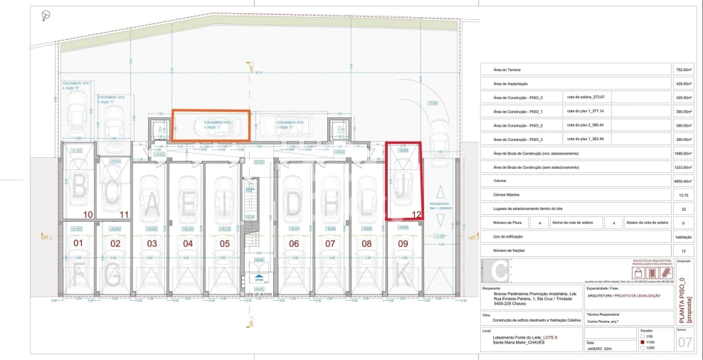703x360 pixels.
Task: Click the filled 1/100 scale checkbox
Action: click(x=643, y=342)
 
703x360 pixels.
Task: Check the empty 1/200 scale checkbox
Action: click(x=643, y=349)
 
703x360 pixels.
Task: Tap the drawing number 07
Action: click(x=684, y=344)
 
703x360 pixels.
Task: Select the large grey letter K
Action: click(x=403, y=272)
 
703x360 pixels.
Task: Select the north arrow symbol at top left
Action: click(x=46, y=15)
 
